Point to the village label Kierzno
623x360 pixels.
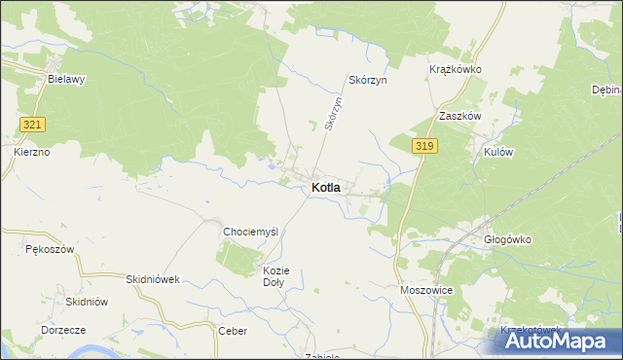tap(32, 152)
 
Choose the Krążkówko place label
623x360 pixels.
tap(456, 70)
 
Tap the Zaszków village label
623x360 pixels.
tap(460, 115)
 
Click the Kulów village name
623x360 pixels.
tap(492, 153)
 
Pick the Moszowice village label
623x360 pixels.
tap(424, 290)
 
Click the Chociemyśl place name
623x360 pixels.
tap(251, 232)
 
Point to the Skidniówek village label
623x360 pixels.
tap(154, 279)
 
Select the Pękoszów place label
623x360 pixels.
tap(50, 250)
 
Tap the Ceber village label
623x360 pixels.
tap(233, 331)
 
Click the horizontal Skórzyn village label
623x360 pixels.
tap(368, 80)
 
